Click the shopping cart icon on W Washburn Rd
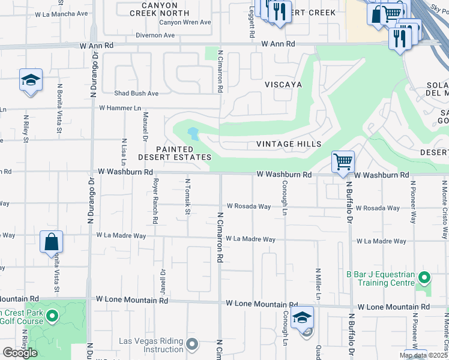(x=343, y=161)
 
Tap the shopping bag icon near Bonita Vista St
(x=52, y=242)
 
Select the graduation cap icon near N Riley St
(x=31, y=80)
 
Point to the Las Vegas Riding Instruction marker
(x=191, y=344)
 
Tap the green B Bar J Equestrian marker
(x=424, y=278)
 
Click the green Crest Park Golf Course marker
(x=52, y=315)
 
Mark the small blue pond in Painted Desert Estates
(x=193, y=133)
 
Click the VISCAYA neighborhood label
(x=284, y=85)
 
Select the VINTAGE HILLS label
(x=289, y=144)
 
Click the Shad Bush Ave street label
(x=136, y=94)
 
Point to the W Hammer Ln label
(x=120, y=108)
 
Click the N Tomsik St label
(x=187, y=191)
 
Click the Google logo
(x=20, y=353)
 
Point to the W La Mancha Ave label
(x=62, y=13)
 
